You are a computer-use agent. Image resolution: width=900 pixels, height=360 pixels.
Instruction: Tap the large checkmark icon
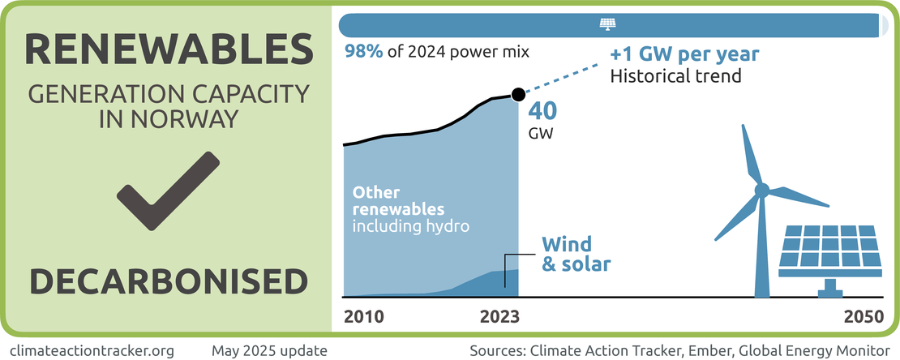pos(168,191)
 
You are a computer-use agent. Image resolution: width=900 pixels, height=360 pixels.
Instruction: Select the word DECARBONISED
pos(169,281)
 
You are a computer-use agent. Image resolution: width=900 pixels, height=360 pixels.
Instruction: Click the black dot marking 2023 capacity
pos(518,95)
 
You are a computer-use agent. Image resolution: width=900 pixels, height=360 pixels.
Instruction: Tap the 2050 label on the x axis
pos(862,317)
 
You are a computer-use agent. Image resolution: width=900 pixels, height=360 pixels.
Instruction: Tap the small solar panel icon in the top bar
pos(606,24)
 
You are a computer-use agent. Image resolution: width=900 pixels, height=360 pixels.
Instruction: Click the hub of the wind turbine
pos(761,191)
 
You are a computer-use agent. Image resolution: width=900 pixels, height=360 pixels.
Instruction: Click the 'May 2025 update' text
pos(269,351)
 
